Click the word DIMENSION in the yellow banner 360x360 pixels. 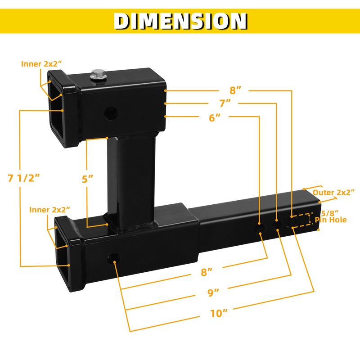point(180,21)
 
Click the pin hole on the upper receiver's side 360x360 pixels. point(109,113)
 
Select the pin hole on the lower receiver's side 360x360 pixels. point(112,259)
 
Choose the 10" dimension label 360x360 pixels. point(219,312)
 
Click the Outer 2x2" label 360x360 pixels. point(333,192)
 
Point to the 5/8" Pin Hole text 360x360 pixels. point(330,216)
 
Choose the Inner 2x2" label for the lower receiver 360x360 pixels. point(50,210)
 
